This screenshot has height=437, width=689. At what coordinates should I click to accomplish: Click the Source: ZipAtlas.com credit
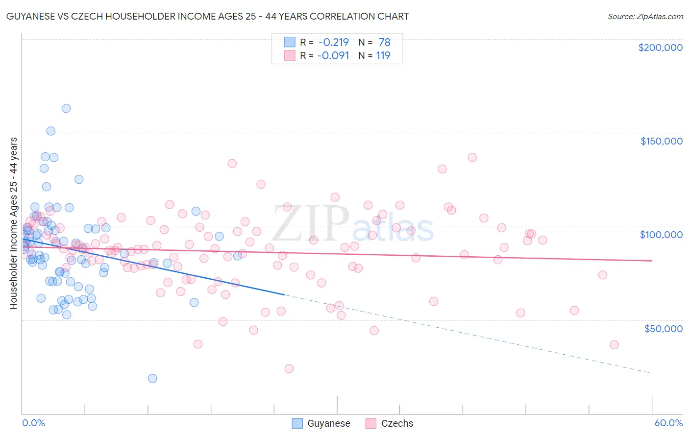(645, 17)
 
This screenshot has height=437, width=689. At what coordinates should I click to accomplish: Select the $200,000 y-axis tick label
(660, 48)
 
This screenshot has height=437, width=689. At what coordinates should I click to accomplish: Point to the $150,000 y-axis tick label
(661, 141)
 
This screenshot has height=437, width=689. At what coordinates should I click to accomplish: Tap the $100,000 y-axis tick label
(661, 235)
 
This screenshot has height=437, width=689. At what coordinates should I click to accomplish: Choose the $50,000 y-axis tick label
(663, 328)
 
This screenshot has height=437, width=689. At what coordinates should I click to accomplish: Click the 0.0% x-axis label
(33, 423)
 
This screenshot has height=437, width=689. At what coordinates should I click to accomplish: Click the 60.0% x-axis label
(668, 423)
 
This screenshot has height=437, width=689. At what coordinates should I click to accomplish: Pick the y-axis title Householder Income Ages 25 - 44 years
(13, 223)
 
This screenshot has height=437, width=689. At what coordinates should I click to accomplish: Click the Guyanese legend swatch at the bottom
(297, 423)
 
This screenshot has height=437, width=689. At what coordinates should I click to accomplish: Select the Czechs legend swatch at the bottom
(371, 423)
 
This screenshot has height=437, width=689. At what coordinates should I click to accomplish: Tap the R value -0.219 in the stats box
(333, 43)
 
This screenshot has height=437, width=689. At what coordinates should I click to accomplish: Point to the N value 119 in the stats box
(383, 55)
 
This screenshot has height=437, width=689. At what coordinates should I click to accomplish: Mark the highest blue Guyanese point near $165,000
(66, 108)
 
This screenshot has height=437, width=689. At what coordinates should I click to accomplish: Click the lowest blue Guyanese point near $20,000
(152, 378)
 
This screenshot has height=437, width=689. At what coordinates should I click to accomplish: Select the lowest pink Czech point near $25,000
(289, 368)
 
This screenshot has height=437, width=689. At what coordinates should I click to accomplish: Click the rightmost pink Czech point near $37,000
(614, 344)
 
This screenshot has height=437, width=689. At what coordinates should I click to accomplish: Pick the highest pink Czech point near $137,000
(472, 157)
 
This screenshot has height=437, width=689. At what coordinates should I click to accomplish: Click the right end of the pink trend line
(652, 261)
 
